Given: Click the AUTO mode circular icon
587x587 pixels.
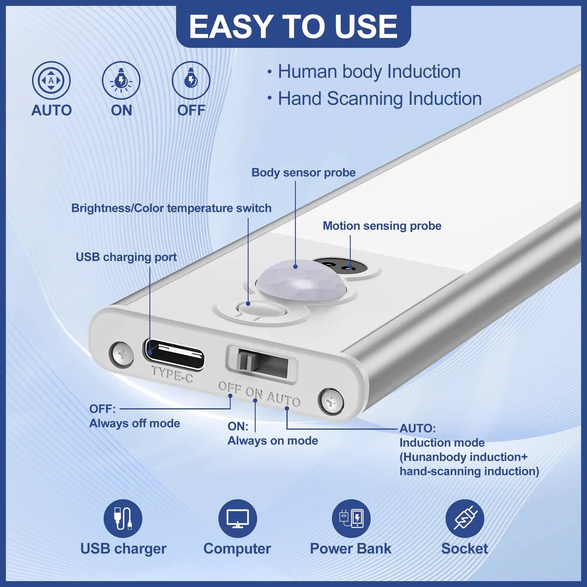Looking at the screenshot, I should (x=51, y=80).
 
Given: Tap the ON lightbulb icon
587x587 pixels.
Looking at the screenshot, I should (x=121, y=80).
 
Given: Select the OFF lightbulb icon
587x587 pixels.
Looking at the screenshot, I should (x=191, y=80).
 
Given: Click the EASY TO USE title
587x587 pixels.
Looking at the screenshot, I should (x=293, y=26).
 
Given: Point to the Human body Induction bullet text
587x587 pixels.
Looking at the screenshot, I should (x=369, y=72).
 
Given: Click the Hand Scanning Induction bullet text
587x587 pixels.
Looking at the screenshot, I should (x=379, y=99).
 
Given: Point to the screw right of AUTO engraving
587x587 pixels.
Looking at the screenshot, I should (x=331, y=402).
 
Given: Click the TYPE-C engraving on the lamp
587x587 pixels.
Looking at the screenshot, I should (x=172, y=374).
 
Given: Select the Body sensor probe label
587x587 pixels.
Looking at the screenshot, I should (x=303, y=173).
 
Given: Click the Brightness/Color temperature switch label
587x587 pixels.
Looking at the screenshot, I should (x=171, y=208).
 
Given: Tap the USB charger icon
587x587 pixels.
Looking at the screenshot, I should (x=123, y=518).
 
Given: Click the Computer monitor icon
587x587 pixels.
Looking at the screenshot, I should (x=237, y=518).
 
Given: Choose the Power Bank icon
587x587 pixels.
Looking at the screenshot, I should (x=351, y=518).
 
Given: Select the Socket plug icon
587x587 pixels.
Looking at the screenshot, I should (x=464, y=518).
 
